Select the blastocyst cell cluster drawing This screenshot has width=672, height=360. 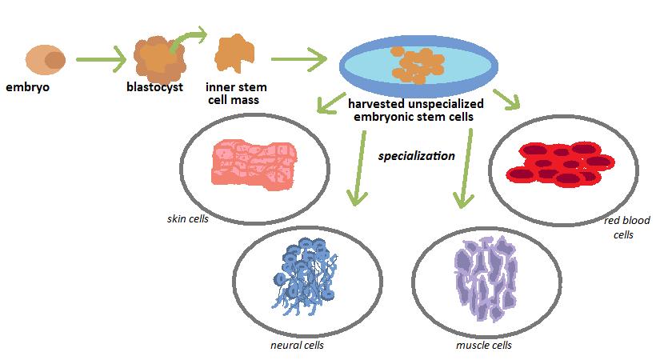pos(159,57)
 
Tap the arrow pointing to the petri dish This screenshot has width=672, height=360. pos(299,59)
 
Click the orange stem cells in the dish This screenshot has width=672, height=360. pos(415,64)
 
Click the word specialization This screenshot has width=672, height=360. pos(417,156)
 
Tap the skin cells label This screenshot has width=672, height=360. pos(188,218)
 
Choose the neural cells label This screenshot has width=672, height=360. pos(297,346)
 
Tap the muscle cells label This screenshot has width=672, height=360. pos(483,346)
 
